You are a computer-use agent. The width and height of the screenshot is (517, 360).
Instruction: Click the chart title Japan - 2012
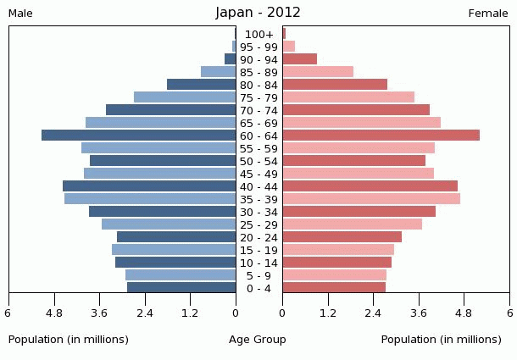(258, 13)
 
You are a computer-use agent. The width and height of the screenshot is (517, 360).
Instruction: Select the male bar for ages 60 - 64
(139, 136)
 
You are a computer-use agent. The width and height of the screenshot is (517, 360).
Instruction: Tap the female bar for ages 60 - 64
(381, 136)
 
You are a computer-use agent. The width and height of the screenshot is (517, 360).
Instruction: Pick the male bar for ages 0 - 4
(181, 288)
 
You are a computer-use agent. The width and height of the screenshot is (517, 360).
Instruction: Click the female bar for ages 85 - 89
(318, 72)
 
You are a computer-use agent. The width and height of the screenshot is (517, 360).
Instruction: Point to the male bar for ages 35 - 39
(150, 199)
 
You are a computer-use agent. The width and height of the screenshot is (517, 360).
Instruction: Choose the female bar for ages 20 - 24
(342, 237)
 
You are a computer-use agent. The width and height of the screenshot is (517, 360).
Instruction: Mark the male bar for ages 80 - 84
(202, 85)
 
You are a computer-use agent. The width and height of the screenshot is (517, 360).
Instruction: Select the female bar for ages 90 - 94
(299, 59)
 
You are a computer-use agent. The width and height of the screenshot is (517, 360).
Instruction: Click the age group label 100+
(259, 35)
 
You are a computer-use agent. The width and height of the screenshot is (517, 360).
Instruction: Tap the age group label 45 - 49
(259, 174)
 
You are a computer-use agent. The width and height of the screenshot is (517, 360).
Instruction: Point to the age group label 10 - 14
(259, 263)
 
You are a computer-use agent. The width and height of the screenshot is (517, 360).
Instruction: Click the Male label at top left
(20, 14)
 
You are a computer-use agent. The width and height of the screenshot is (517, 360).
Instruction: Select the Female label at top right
(488, 14)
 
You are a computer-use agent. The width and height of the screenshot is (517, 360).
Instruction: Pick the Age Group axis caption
(258, 340)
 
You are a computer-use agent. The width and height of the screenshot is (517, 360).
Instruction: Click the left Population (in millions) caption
(69, 340)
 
